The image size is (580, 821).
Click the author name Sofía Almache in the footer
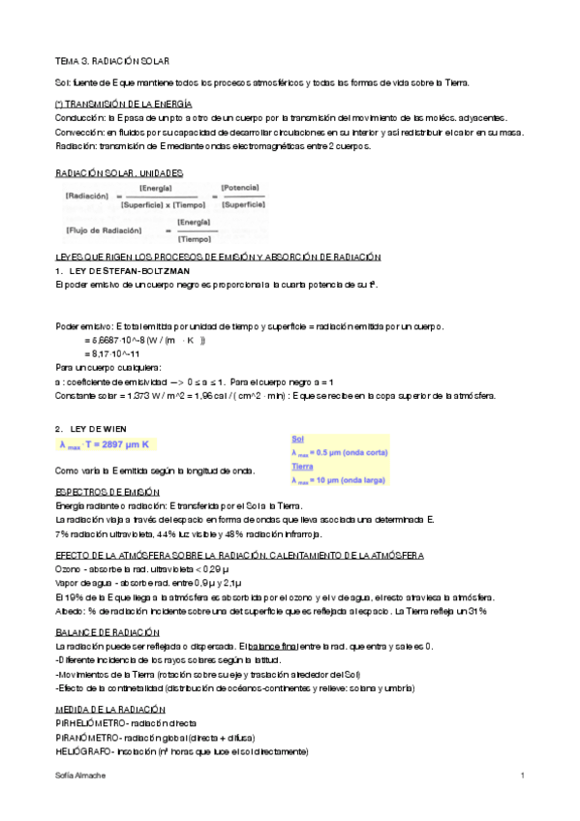tap(78, 776)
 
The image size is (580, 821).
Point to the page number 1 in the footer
tap(522, 776)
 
